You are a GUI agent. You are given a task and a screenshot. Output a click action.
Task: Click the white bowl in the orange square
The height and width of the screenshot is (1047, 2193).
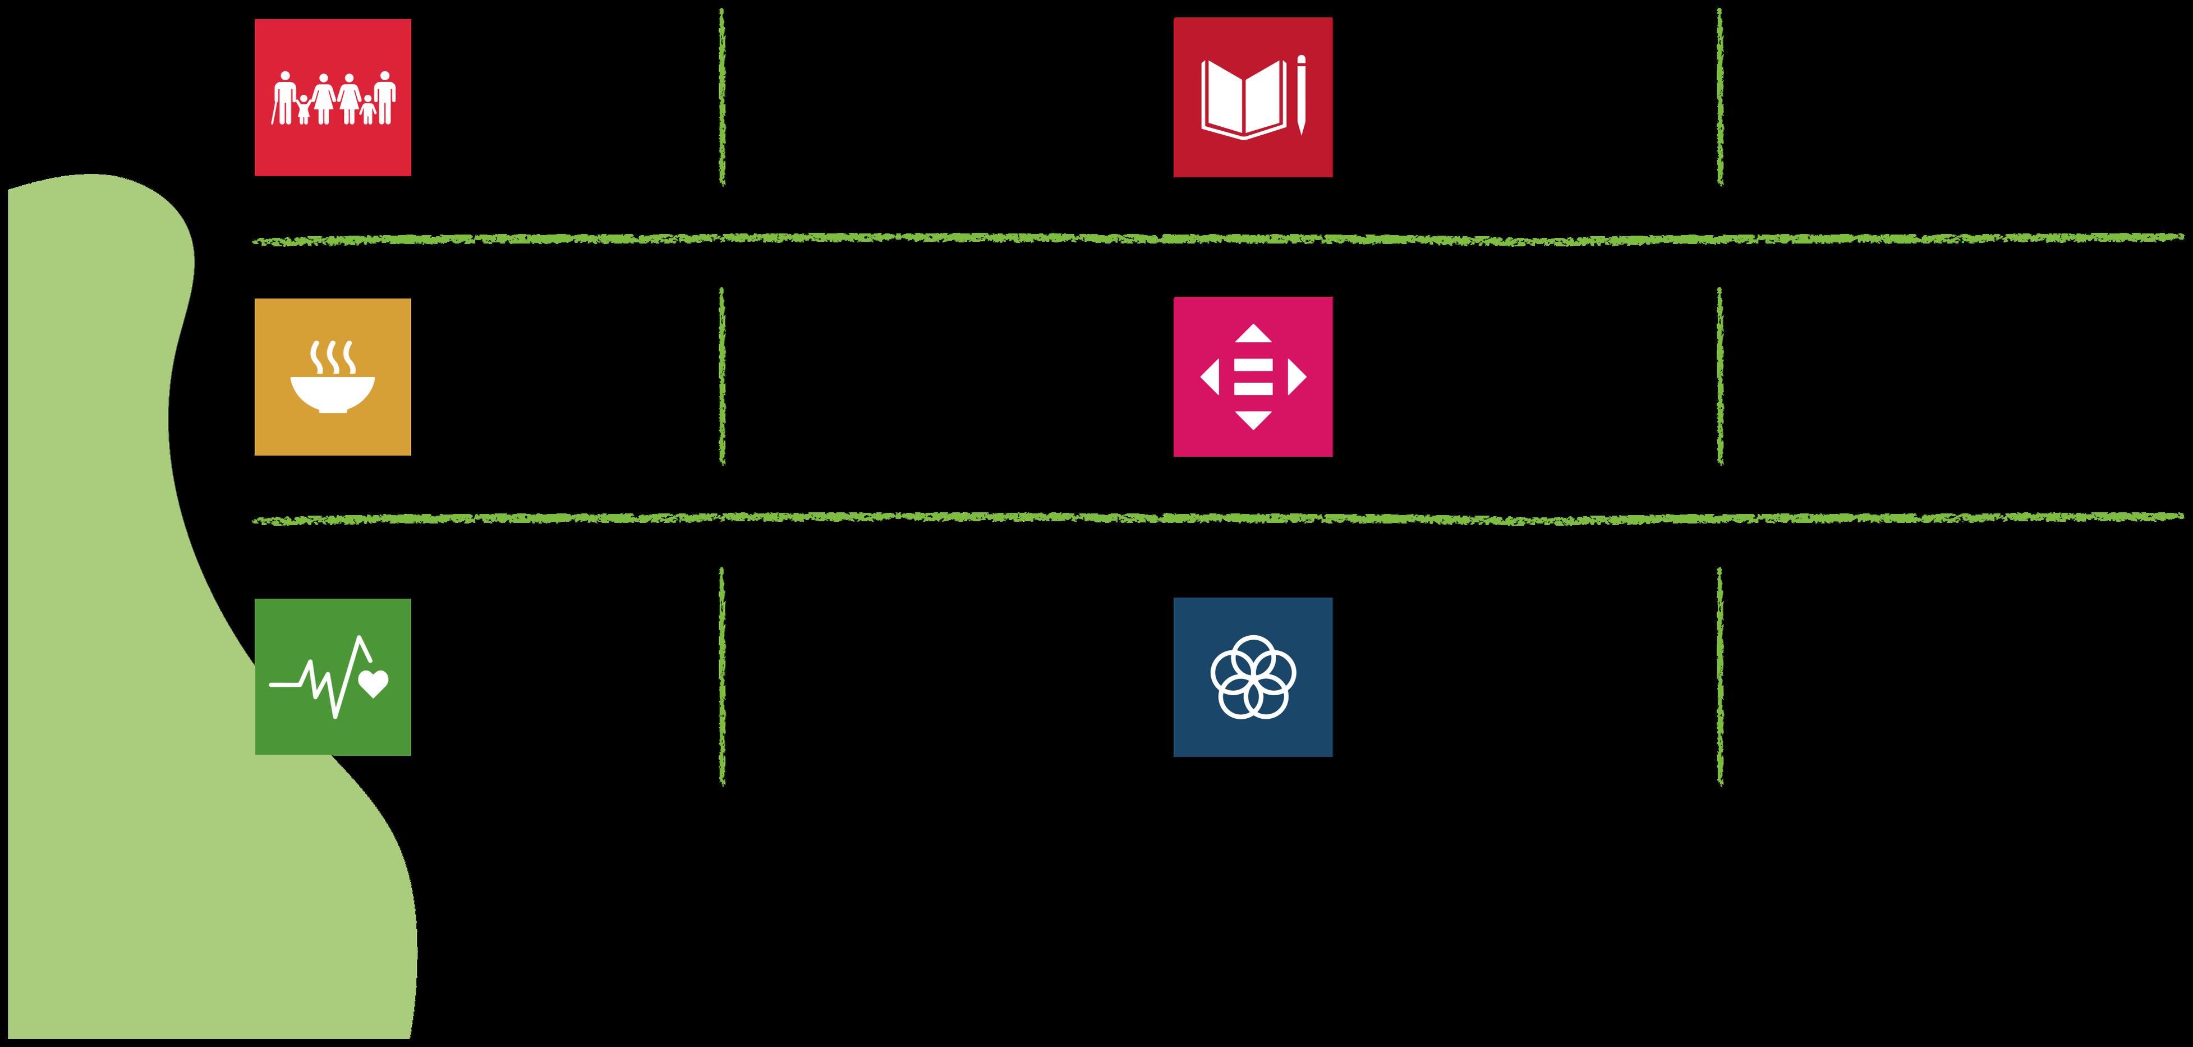click(x=332, y=394)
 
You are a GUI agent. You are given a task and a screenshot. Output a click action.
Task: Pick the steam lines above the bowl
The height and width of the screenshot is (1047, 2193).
click(x=332, y=357)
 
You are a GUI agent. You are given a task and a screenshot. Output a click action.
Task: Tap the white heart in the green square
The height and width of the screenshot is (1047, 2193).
click(x=374, y=683)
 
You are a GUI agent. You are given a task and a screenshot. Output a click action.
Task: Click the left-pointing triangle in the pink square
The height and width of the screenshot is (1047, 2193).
click(x=1210, y=377)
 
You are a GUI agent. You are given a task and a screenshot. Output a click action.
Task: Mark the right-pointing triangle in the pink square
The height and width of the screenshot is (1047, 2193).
click(x=1296, y=377)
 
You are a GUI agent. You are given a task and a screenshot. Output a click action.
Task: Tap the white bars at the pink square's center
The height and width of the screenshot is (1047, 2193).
click(x=1252, y=377)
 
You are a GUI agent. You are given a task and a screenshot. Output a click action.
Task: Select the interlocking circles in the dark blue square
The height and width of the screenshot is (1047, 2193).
click(x=1252, y=677)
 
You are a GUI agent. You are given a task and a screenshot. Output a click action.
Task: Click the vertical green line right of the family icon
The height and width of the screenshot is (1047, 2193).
click(x=722, y=97)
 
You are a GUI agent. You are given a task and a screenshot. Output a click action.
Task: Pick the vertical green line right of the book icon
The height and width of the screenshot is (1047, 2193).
click(x=1720, y=97)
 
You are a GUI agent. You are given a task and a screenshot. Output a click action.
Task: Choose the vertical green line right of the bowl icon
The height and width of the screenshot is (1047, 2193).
click(x=722, y=376)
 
